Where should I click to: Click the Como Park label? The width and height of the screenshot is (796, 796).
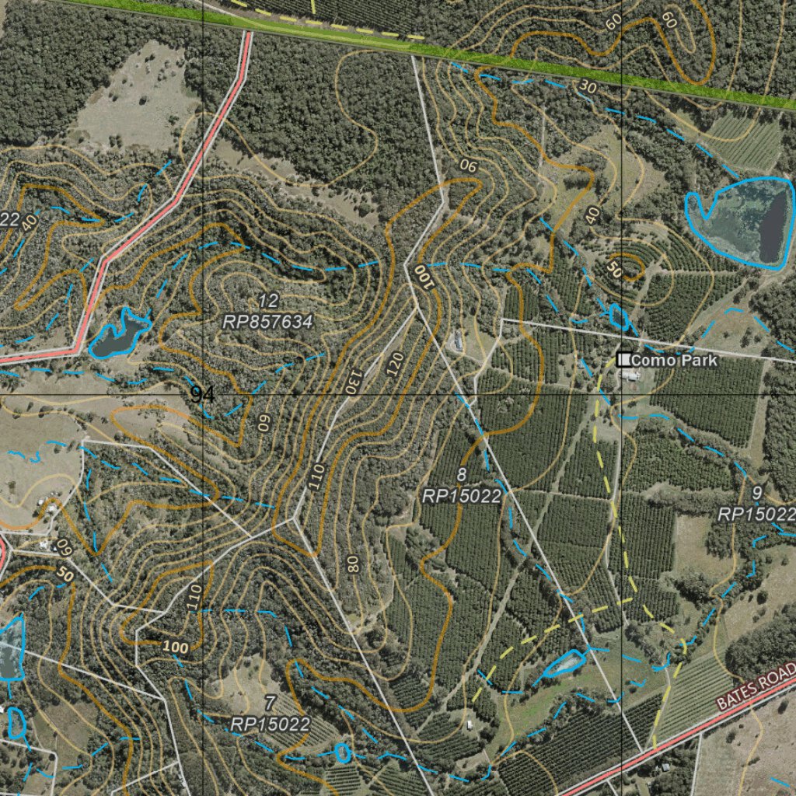pos(673,361)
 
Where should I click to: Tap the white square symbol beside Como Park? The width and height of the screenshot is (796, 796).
pos(623,360)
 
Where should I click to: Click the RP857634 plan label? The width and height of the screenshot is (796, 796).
pos(268,322)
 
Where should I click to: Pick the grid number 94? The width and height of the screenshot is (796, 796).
pos(203,394)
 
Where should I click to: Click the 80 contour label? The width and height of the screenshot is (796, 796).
pos(354,564)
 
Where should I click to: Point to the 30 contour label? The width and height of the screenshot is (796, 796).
pos(588,88)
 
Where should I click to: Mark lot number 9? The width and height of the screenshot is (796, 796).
pos(757,493)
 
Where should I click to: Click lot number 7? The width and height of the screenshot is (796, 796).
pos(270,704)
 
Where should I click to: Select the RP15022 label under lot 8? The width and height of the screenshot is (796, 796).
pos(462,495)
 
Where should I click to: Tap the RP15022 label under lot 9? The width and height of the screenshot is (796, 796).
pos(756,514)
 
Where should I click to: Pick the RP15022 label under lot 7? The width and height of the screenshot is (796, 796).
pos(271,724)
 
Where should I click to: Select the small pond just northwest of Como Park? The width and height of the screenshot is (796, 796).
pos(619,316)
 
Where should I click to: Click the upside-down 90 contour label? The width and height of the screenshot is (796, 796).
pos(469,165)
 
